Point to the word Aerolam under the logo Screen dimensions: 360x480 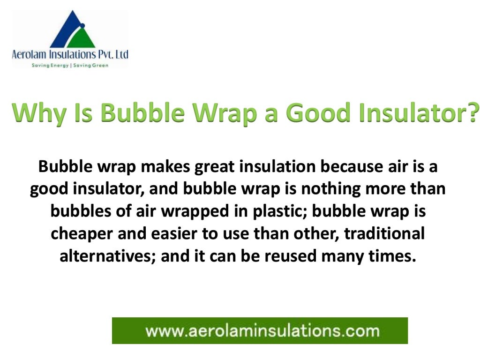pyautogui.click(x=28, y=54)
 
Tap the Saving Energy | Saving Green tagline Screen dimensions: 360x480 pyautogui.click(x=70, y=65)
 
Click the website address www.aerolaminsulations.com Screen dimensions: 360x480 pyautogui.click(x=262, y=331)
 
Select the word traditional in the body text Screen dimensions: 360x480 pyautogui.click(x=384, y=233)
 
